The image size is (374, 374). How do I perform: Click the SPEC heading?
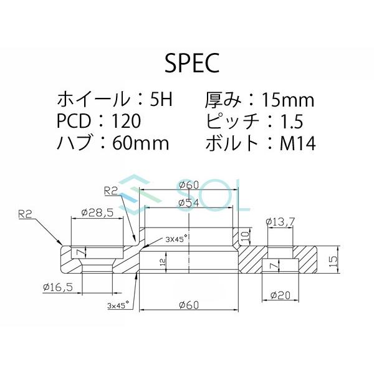click(x=186, y=63)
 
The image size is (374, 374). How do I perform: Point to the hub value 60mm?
click(x=141, y=143)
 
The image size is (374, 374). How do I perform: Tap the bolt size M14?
click(x=297, y=143)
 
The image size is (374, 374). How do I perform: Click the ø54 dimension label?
click(x=188, y=203)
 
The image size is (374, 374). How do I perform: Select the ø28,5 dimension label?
click(x=97, y=213)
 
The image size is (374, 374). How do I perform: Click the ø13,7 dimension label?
click(x=279, y=221)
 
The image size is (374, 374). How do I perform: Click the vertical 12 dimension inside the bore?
click(x=163, y=262)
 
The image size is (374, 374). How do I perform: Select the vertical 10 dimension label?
click(x=246, y=235)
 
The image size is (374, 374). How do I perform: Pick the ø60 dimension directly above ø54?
click(x=188, y=185)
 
